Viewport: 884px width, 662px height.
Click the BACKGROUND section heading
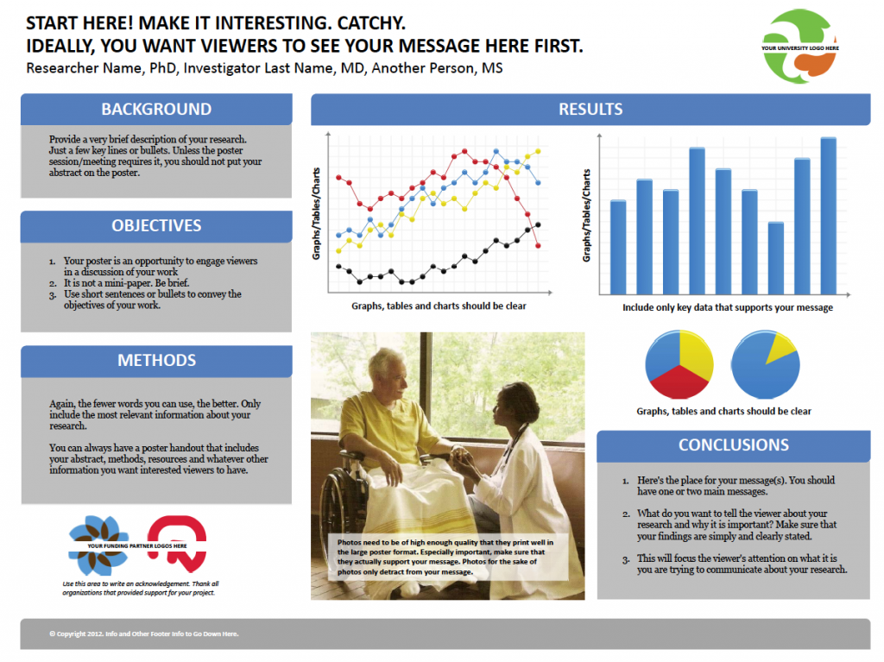coord(156,109)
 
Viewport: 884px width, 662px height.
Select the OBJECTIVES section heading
coord(156,225)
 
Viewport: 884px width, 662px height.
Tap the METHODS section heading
coord(157,360)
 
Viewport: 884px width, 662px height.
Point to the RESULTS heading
coord(590,109)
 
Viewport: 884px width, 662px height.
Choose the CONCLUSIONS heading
coord(734,444)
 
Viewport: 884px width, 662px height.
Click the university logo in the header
coord(799,47)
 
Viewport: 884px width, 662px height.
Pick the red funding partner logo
coord(177,544)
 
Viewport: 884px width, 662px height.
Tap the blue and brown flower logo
coord(98,545)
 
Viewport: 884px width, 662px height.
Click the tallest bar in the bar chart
coord(828,216)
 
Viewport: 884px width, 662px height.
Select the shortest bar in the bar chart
coord(776,258)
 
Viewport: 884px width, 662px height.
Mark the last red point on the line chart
coord(538,246)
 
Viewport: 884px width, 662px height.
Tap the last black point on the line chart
coord(538,225)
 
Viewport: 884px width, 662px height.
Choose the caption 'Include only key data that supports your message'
coord(727,307)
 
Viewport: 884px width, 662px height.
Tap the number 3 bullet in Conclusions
coord(626,560)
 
